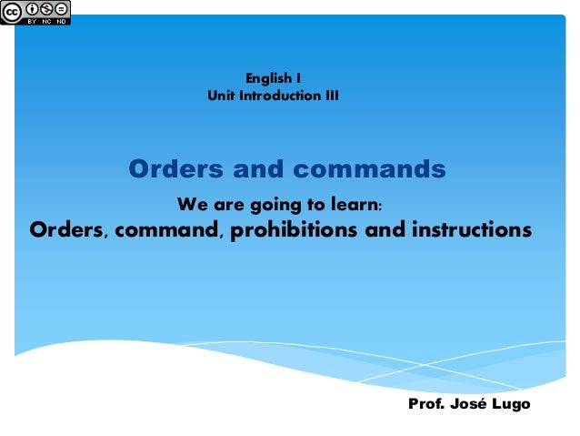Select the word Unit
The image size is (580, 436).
point(222,96)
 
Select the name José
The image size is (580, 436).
point(474,402)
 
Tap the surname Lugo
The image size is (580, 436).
point(513,402)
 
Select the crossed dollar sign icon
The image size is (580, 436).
point(46,8)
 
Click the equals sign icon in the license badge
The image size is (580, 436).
point(61,8)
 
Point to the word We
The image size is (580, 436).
point(190,202)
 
